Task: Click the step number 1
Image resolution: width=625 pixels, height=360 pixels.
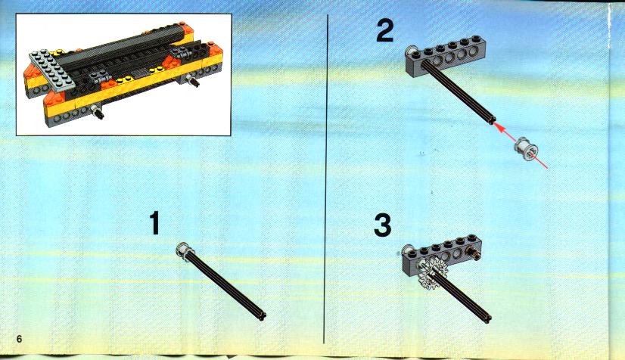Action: (x=154, y=223)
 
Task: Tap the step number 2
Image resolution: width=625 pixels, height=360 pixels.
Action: (x=384, y=30)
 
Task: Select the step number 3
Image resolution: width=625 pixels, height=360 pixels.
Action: (x=383, y=225)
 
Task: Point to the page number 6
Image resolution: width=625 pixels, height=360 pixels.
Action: (x=19, y=340)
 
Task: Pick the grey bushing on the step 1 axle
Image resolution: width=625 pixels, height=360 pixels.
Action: (x=184, y=251)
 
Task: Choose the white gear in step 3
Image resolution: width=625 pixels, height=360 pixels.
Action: (x=432, y=274)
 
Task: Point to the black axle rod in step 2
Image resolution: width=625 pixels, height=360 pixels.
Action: (x=459, y=92)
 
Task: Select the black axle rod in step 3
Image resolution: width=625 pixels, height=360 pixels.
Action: (x=462, y=296)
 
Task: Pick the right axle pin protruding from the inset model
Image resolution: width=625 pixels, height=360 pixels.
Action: (x=193, y=80)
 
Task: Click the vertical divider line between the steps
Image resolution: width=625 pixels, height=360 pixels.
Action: (x=326, y=179)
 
